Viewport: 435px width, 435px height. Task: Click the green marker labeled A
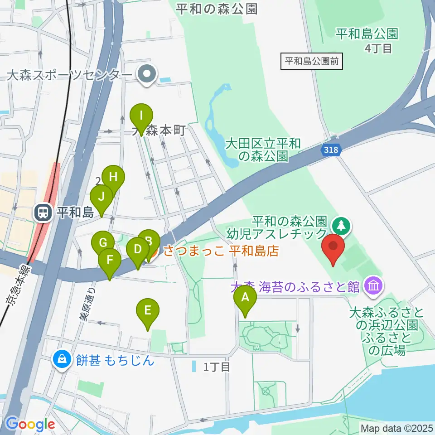click(245, 298)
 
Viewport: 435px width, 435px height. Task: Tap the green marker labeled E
click(148, 311)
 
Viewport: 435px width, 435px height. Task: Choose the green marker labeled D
click(138, 250)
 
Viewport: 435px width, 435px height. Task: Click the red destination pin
click(333, 247)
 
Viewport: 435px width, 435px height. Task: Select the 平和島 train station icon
click(43, 212)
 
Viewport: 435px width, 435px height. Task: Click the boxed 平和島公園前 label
click(312, 61)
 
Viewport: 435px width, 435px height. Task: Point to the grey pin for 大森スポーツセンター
click(147, 74)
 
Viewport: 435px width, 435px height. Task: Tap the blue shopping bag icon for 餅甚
click(61, 360)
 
